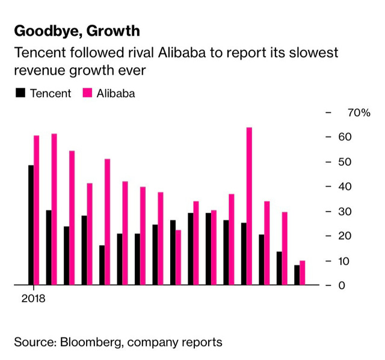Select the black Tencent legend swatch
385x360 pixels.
point(20,94)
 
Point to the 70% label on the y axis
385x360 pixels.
point(359,112)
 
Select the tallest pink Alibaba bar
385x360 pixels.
point(249,206)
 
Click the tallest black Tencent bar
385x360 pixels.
point(31,224)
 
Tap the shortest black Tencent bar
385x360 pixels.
point(297,275)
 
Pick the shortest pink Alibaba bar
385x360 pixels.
point(302,272)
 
